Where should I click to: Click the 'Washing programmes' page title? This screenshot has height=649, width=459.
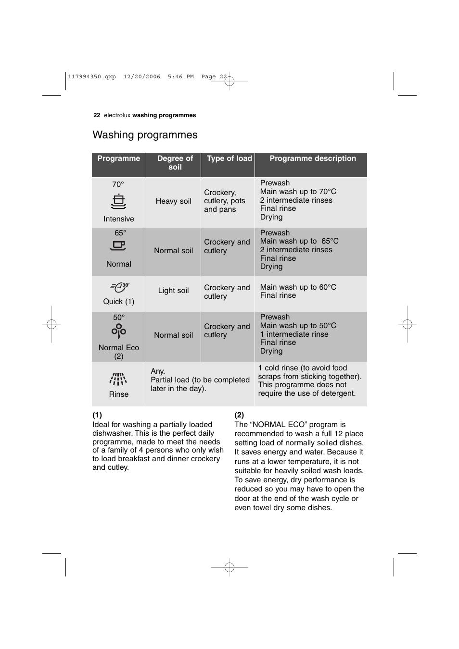(145, 135)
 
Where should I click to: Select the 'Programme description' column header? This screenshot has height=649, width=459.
(313, 159)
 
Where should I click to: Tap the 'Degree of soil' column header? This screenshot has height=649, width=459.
(175, 163)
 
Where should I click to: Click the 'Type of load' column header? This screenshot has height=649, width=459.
(229, 159)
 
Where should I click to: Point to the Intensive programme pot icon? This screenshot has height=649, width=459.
(118, 201)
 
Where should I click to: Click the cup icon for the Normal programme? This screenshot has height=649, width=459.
(118, 246)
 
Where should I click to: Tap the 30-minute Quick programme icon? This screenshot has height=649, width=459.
(119, 287)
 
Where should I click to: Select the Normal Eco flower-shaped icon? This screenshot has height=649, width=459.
(118, 331)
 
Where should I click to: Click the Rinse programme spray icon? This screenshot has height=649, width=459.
(118, 379)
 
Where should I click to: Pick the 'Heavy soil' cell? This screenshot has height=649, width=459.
(173, 201)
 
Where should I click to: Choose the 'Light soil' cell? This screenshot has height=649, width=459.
(173, 291)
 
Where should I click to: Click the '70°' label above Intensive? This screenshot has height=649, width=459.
(118, 184)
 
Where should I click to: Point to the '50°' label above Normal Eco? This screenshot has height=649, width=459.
(119, 318)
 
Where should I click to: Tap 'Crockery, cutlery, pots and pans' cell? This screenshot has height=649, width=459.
(224, 201)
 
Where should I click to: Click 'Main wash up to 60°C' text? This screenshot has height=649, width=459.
(298, 287)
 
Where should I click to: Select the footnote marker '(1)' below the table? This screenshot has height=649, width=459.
(97, 415)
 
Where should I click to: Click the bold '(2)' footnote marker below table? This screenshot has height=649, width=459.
(239, 415)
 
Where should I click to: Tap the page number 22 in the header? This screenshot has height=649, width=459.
(97, 115)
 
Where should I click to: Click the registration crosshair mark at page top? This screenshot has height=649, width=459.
(229, 81)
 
